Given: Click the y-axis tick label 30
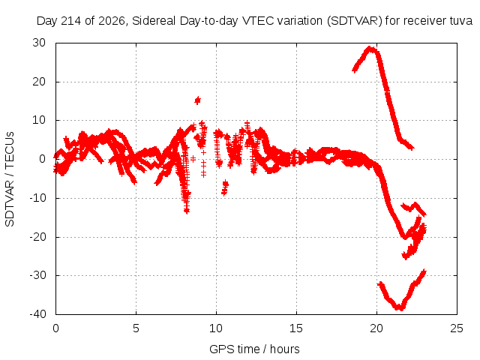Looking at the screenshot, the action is [x=39, y=43].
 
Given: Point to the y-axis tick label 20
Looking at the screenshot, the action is [x=39, y=82].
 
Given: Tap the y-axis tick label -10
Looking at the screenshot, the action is [x=37, y=198].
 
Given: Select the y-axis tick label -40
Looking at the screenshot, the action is [x=37, y=314].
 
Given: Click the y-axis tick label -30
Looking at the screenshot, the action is [x=37, y=275].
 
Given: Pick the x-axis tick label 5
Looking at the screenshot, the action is [x=136, y=328].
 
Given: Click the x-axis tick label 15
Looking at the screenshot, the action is [x=296, y=328].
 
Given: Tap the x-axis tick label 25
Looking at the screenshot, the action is [x=457, y=328].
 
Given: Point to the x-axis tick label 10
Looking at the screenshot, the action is [x=216, y=328].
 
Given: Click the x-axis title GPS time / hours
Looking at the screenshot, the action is [x=254, y=349].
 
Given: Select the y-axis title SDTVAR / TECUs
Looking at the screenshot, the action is [x=10, y=179].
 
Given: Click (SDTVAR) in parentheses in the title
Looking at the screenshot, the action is [x=355, y=21].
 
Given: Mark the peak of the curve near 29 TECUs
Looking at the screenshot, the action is [x=370, y=48].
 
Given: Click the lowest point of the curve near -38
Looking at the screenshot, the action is [x=400, y=308].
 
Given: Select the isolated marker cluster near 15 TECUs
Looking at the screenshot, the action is [x=198, y=100].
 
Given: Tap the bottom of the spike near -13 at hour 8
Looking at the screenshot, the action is [x=187, y=211].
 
